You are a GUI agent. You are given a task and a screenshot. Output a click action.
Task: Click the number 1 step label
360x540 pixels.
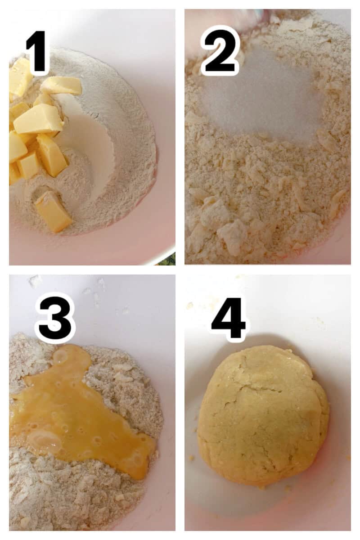pyautogui.click(x=37, y=52)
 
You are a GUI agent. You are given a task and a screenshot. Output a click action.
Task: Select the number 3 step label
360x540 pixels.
pyautogui.click(x=55, y=317)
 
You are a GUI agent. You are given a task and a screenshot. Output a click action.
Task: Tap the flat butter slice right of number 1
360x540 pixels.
pyautogui.click(x=61, y=85)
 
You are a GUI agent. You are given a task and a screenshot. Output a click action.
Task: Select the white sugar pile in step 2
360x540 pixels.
pyautogui.click(x=261, y=99)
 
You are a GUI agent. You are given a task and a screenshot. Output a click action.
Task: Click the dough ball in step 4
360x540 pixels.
pyautogui.click(x=263, y=416)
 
